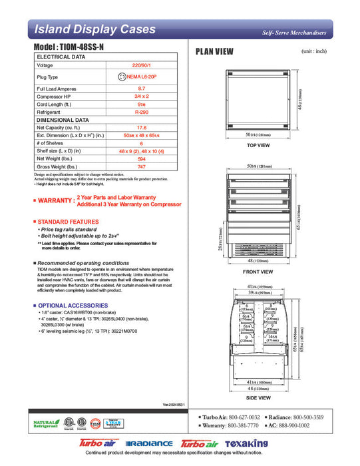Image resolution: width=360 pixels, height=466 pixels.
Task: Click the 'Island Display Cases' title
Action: (x=94, y=30)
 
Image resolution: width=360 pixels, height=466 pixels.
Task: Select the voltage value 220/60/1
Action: (x=141, y=65)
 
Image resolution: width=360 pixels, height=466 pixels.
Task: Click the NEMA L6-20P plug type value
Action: (x=140, y=77)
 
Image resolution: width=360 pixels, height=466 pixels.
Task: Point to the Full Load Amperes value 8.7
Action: (x=141, y=89)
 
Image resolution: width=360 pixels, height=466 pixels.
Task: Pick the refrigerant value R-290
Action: (x=141, y=113)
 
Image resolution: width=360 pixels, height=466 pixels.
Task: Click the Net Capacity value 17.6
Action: (x=141, y=127)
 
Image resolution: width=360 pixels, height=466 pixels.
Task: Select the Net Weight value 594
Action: (x=141, y=158)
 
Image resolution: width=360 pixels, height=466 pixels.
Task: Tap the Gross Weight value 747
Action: (x=141, y=166)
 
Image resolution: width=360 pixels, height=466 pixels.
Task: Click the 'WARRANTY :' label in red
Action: (x=56, y=200)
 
